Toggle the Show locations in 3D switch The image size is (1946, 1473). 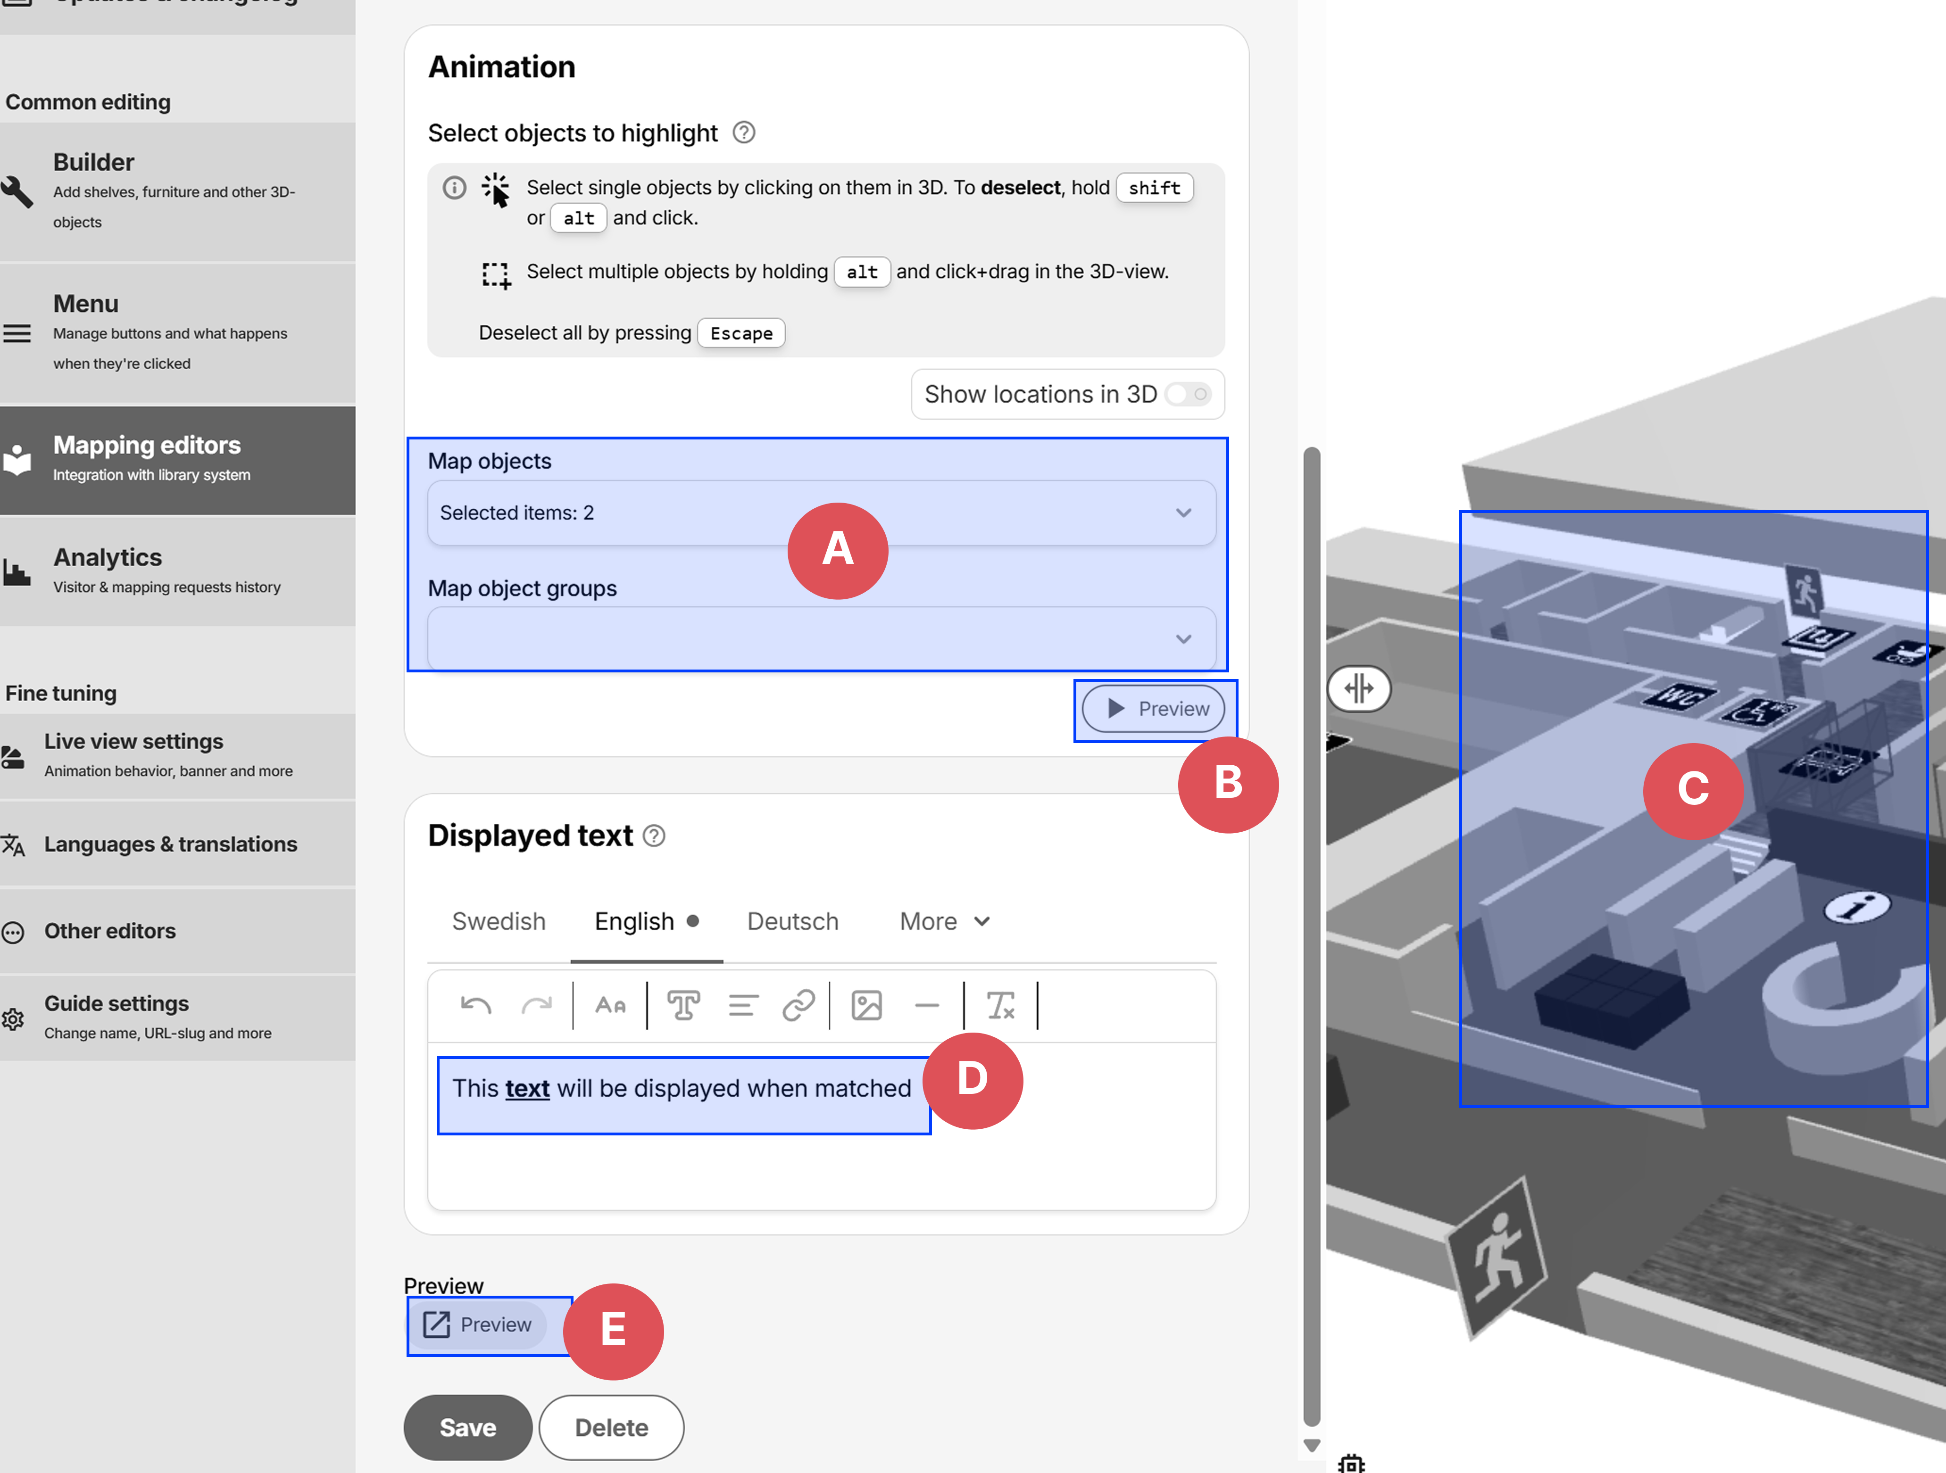[1188, 394]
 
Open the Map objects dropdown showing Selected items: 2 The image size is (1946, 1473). [821, 513]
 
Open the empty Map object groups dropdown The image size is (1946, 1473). [821, 638]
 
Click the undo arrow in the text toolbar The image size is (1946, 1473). [476, 1005]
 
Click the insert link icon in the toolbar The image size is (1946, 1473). [798, 1005]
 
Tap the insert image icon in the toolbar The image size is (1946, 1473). [866, 1005]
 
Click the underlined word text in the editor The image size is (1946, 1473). [527, 1089]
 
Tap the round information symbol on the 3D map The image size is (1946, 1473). [1856, 906]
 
